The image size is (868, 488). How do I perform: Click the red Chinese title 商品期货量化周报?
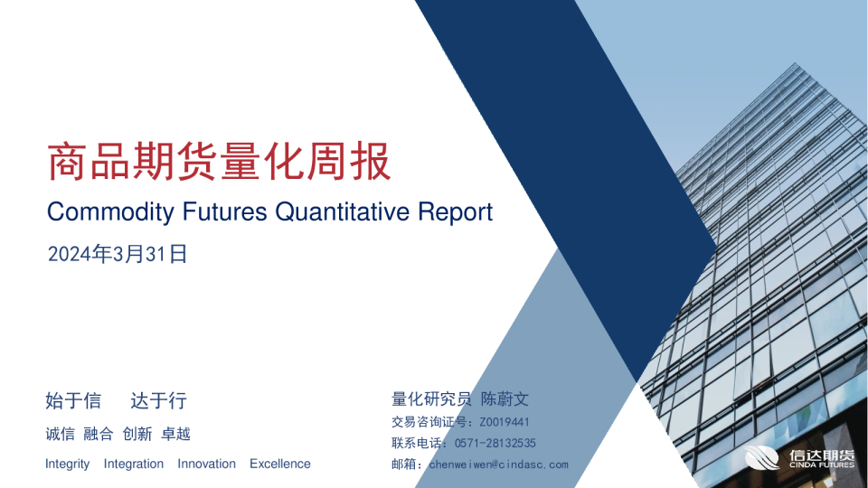point(219,163)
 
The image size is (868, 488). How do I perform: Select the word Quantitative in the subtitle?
point(343,212)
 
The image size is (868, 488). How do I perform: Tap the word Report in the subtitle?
point(455,212)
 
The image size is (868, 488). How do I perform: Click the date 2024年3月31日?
point(117,255)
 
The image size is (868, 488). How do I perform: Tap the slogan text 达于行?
point(158,400)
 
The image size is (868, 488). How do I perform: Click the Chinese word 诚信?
point(60,434)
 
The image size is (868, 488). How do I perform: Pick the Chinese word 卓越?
point(175,434)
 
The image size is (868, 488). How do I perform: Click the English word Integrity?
point(68,465)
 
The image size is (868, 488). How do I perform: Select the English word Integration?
point(134,465)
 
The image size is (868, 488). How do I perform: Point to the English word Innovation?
point(206,465)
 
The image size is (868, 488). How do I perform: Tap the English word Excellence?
point(280,465)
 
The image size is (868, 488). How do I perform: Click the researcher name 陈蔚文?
point(505,399)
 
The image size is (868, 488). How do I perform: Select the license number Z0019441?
point(505,422)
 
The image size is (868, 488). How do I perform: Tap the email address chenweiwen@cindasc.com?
point(498,465)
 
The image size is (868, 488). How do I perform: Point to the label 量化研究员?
point(431,399)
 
